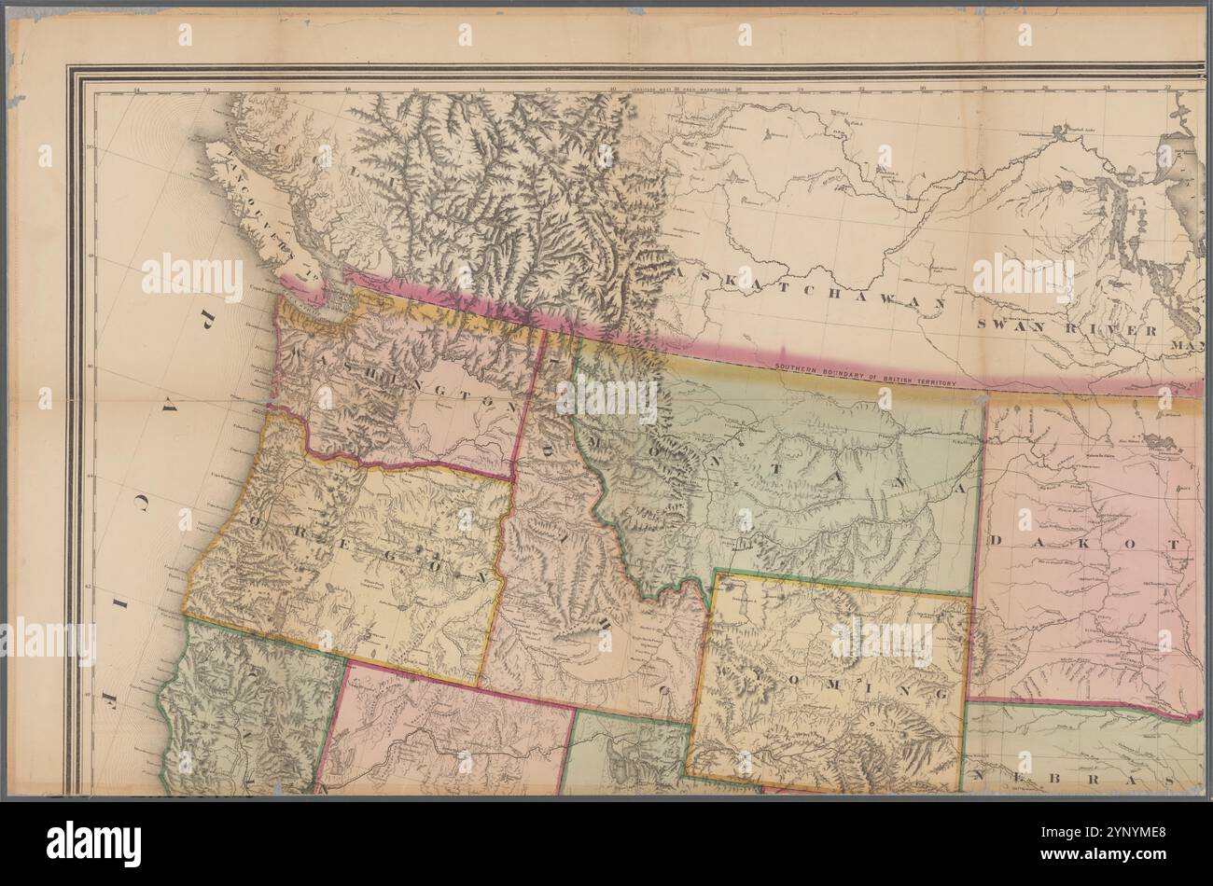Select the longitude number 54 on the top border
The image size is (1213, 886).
(x=137, y=91)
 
